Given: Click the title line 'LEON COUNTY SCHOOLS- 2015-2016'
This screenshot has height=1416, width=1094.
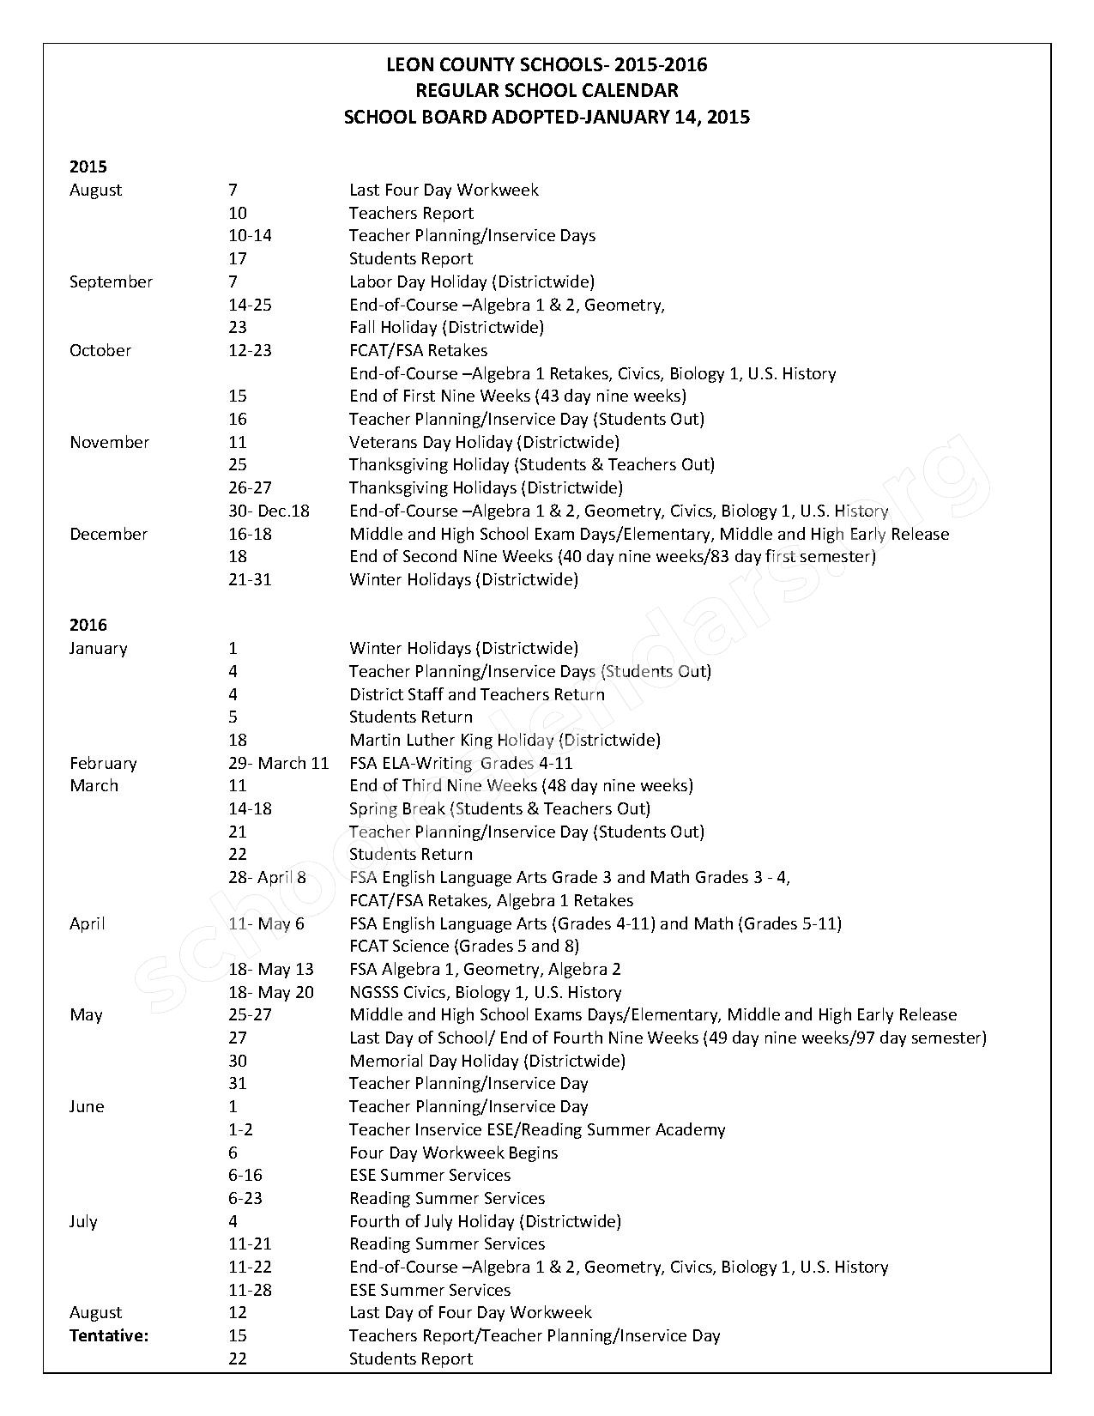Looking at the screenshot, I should coord(547,65).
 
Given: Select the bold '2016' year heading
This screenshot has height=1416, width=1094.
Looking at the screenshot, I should coord(88,625).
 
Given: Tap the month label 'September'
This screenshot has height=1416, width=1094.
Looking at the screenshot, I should coord(111,281).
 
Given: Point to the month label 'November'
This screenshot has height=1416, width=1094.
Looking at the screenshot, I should coord(109,442).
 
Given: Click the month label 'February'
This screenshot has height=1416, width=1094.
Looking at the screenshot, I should coord(103,763).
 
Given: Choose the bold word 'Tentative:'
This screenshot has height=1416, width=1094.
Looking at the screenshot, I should coord(109,1335).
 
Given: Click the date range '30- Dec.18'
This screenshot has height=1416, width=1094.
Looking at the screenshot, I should coord(269,511).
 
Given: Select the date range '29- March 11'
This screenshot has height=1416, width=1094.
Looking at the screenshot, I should coord(279,763).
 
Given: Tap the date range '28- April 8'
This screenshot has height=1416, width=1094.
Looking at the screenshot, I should coord(267,877).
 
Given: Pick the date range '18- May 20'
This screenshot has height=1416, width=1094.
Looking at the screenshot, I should coord(271,992).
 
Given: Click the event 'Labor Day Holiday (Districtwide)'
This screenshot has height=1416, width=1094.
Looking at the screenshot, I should coord(471,281).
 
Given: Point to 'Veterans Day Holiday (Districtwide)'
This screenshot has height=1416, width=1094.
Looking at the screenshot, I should coord(484,442).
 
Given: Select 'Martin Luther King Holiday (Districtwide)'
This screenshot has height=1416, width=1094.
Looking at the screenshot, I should coord(505,740).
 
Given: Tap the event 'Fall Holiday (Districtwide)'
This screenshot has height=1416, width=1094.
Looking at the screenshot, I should coord(446,327).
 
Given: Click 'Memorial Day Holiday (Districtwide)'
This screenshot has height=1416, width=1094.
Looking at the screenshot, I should coord(487,1061).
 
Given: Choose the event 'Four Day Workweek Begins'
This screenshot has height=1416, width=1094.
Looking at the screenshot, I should coord(453,1153).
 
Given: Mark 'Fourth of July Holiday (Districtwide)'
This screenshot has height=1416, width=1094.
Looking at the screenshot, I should coord(485,1221).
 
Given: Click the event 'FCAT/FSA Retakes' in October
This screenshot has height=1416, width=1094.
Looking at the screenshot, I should coord(418,350).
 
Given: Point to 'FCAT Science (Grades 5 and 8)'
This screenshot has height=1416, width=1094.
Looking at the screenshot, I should coord(464,946).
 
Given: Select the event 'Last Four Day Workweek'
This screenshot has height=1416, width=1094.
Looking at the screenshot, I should coord(444,190).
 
